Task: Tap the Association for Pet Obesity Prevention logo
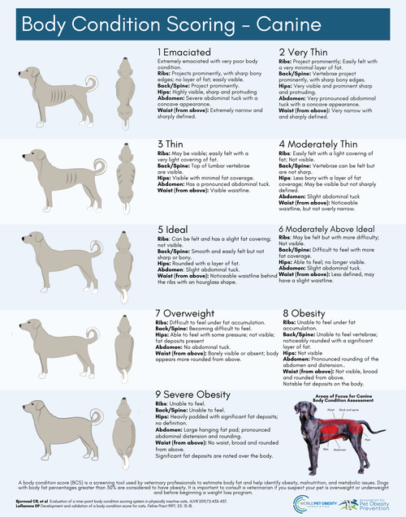click(x=373, y=500)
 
